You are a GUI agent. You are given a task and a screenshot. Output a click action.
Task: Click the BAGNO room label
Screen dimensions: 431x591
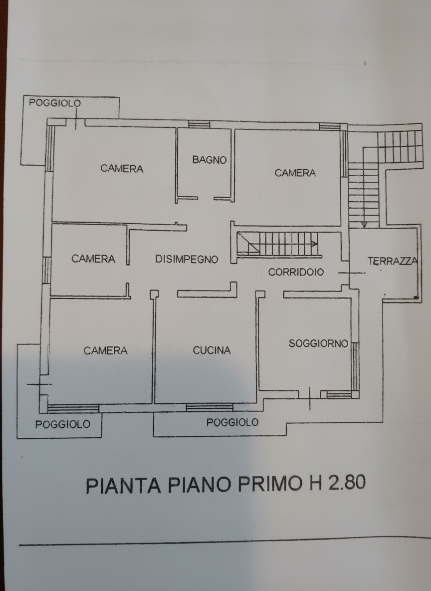pyautogui.click(x=209, y=160)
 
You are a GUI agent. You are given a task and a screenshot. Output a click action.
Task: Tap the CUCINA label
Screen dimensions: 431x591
pyautogui.click(x=212, y=350)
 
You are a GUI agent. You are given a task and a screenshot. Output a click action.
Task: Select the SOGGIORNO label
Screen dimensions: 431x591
pyautogui.click(x=318, y=343)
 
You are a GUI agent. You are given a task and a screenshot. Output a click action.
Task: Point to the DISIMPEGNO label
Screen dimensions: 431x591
pyautogui.click(x=187, y=260)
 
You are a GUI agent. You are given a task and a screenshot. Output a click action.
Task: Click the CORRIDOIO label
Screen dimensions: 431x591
pyautogui.click(x=296, y=272)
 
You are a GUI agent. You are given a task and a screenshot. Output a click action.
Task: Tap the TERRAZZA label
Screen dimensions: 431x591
pyautogui.click(x=393, y=261)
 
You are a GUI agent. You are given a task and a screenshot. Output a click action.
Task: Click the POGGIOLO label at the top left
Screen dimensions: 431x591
pyautogui.click(x=55, y=103)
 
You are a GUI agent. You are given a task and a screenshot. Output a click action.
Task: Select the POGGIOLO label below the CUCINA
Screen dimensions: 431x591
pyautogui.click(x=232, y=422)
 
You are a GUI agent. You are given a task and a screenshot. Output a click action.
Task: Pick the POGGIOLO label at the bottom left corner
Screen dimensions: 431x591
pyautogui.click(x=62, y=424)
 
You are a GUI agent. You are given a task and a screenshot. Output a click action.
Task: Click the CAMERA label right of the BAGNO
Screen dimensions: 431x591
pyautogui.click(x=295, y=173)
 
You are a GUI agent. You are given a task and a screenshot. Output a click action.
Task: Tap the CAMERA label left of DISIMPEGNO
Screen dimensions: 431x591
pyautogui.click(x=93, y=259)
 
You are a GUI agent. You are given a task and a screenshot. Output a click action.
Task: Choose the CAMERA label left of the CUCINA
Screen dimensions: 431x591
pyautogui.click(x=105, y=350)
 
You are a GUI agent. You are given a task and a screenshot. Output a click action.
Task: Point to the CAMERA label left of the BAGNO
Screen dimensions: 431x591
pyautogui.click(x=122, y=169)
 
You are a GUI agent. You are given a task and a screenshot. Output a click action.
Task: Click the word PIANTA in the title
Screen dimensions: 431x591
pyautogui.click(x=124, y=485)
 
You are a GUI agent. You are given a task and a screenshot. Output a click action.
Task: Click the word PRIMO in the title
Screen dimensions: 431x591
pyautogui.click(x=270, y=484)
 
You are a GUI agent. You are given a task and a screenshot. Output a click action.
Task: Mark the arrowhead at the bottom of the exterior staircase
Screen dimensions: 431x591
pyautogui.click(x=364, y=225)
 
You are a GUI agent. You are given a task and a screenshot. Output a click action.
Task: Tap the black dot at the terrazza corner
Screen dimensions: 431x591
pyautogui.click(x=416, y=298)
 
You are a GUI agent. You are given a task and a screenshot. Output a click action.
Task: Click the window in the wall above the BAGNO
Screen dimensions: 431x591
pyautogui.click(x=199, y=124)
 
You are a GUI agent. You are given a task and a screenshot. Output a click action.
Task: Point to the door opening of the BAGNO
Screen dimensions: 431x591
pyautogui.click(x=206, y=198)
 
